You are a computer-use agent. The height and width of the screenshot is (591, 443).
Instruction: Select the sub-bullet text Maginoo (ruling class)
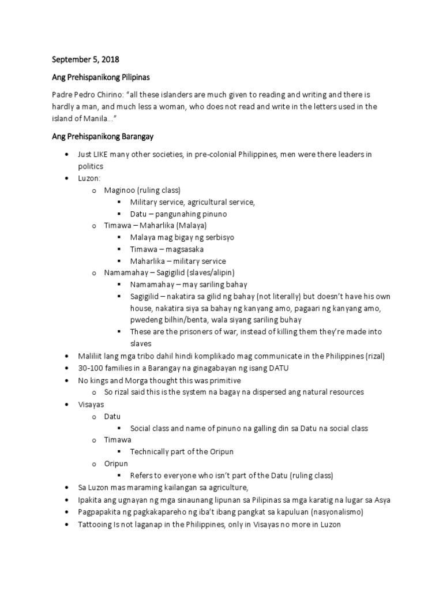tap(142, 190)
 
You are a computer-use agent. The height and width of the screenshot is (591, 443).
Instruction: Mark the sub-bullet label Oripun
tap(116, 463)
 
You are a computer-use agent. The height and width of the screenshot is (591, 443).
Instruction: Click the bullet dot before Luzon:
tap(67, 178)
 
